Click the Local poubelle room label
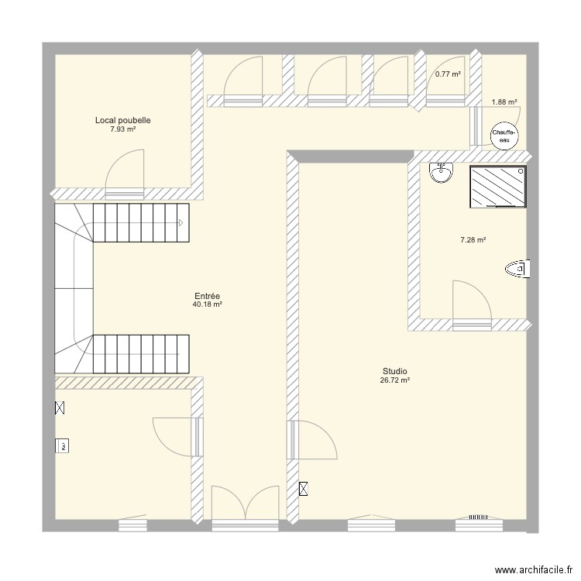coord(122,120)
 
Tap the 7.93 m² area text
coord(122,129)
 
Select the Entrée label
coord(208,296)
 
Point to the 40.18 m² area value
coord(208,305)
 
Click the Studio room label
coord(394,371)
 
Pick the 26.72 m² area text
coord(394,380)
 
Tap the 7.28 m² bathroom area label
coord(473,240)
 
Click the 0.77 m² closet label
coord(448,74)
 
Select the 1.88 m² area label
coord(504,101)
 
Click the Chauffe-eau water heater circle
coord(504,136)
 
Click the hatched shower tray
coord(498,187)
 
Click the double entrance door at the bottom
coord(245,507)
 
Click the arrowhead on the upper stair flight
coord(180,223)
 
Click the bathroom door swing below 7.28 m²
coord(470,302)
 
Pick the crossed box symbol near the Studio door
coord(303,489)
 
